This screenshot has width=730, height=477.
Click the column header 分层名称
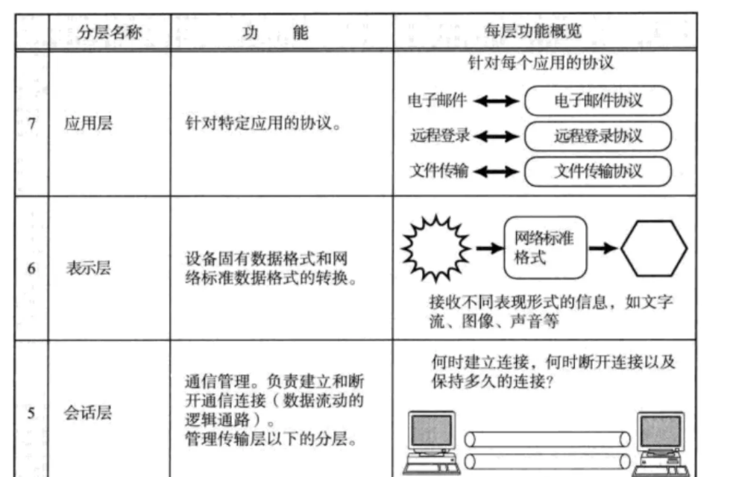109,32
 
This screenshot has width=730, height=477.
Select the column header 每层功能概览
544,31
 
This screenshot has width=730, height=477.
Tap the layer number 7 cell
32,123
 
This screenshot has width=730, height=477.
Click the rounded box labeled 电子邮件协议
598,101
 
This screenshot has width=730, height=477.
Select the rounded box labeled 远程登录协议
598,136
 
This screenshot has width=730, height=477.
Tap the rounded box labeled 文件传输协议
598,171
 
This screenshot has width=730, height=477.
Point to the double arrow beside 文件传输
495,172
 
